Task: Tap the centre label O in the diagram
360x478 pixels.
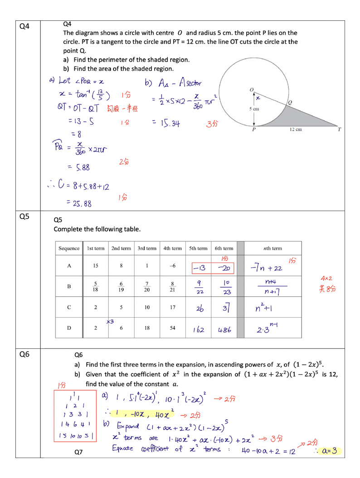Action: [x=251, y=90]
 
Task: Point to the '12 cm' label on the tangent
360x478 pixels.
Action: [x=295, y=130]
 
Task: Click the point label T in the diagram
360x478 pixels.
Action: [x=339, y=130]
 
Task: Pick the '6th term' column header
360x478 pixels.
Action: [x=224, y=248]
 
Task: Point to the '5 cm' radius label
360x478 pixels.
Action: [x=254, y=109]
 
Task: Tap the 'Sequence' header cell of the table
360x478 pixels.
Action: [x=69, y=248]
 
